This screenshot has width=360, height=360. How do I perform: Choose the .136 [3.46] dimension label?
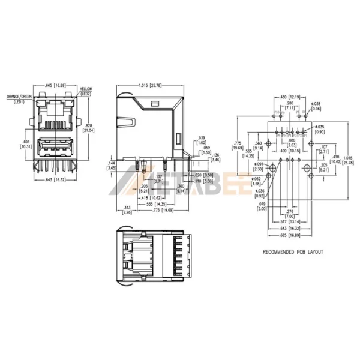coord(215,157)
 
